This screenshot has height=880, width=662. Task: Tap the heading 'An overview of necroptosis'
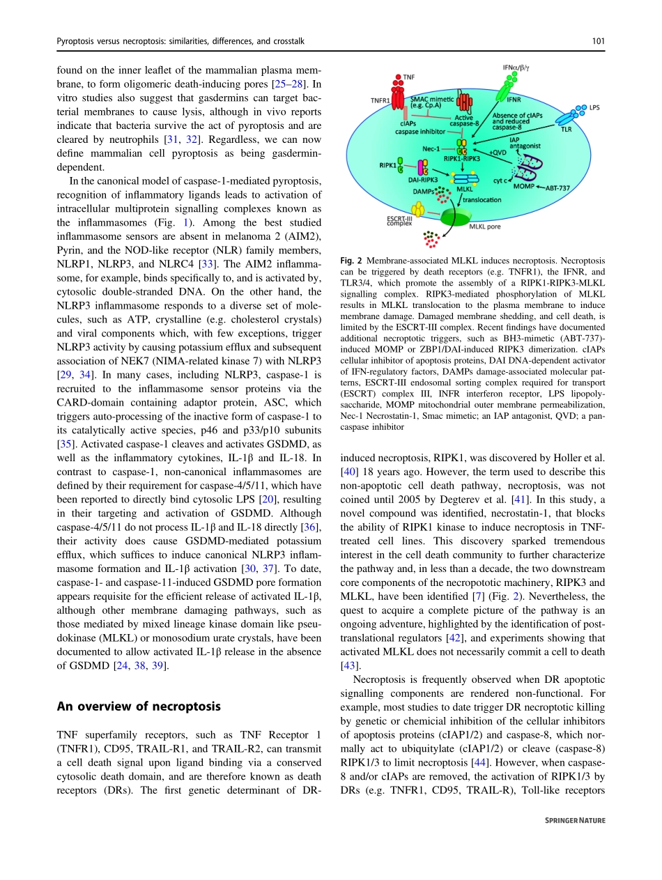click(138, 706)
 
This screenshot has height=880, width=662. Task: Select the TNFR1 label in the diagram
click(380, 100)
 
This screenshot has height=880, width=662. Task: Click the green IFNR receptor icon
click(502, 91)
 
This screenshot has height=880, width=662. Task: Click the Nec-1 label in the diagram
click(431, 148)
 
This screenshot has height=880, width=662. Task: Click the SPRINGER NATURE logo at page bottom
click(574, 840)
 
